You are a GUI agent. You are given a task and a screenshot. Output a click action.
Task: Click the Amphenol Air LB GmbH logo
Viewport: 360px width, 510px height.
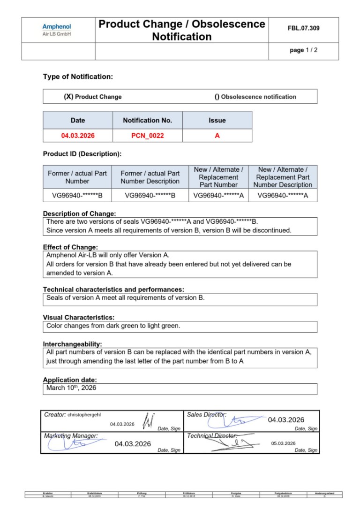coord(57,30)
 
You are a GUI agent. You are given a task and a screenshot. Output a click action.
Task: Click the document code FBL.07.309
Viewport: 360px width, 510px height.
coord(303,29)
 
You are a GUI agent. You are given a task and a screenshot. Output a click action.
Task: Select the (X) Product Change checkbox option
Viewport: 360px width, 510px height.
coord(93,97)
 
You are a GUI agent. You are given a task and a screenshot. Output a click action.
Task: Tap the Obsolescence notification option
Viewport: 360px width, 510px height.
coord(255,97)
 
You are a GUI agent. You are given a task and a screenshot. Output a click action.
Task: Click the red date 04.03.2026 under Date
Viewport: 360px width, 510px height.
coord(78,136)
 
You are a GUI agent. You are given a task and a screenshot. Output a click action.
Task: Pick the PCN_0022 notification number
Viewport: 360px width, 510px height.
coord(148,136)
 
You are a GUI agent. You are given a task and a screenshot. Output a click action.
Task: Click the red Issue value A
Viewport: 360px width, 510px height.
coord(217,136)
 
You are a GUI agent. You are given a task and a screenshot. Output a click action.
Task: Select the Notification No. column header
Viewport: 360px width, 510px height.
coord(148,120)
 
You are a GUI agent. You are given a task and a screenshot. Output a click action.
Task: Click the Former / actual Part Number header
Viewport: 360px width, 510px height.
coord(77,177)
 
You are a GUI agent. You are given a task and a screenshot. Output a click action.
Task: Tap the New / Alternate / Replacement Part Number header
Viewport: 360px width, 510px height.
coord(218,177)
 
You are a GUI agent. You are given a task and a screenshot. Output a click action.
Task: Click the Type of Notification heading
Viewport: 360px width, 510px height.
coord(78,76)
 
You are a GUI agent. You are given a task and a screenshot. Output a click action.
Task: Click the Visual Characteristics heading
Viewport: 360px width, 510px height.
coord(78,318)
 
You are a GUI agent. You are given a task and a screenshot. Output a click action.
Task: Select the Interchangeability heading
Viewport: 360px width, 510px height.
coord(72,344)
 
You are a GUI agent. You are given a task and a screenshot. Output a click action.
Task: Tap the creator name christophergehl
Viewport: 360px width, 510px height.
coord(84,415)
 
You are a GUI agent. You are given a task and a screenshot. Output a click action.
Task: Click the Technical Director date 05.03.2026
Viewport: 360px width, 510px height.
coord(283,443)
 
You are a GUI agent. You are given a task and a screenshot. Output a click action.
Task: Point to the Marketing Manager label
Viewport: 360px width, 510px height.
coord(70,436)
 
